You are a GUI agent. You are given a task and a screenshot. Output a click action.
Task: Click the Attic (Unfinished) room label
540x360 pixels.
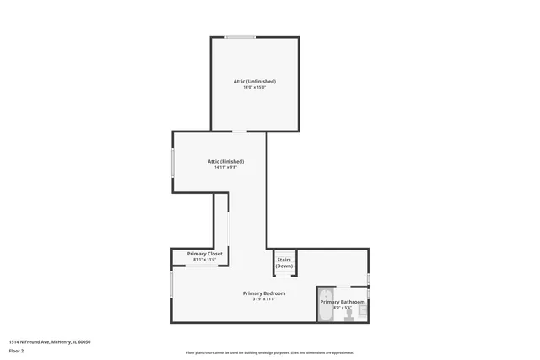click(254, 81)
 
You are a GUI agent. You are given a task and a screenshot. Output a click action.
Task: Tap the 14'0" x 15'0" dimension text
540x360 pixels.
click(254, 87)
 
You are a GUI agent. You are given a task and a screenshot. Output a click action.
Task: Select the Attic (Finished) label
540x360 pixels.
click(225, 161)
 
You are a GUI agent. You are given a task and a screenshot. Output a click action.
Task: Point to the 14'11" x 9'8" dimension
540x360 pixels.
click(225, 167)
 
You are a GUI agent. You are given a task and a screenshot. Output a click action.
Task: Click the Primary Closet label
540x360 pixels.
click(204, 254)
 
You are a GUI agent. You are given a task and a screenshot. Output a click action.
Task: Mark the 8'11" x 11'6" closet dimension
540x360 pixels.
click(204, 260)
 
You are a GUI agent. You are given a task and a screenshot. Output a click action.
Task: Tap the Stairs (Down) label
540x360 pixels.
click(284, 262)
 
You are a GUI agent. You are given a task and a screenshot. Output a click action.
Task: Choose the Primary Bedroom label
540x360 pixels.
click(264, 293)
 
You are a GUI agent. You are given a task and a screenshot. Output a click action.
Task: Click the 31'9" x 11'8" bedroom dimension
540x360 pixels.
click(264, 299)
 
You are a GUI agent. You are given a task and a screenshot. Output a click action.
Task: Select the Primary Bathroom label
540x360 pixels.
click(343, 302)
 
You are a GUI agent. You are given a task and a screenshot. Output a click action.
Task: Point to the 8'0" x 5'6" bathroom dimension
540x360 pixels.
click(343, 308)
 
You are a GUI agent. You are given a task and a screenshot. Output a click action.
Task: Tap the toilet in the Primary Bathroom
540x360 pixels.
click(364, 310)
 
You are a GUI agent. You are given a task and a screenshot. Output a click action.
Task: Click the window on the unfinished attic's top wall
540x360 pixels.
click(241, 37)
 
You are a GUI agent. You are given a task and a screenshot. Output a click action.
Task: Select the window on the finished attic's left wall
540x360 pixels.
click(173, 162)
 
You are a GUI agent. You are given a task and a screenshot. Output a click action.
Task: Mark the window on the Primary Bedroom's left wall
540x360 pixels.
click(172, 283)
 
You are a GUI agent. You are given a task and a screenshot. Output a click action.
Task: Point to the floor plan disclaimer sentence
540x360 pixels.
click(269, 353)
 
